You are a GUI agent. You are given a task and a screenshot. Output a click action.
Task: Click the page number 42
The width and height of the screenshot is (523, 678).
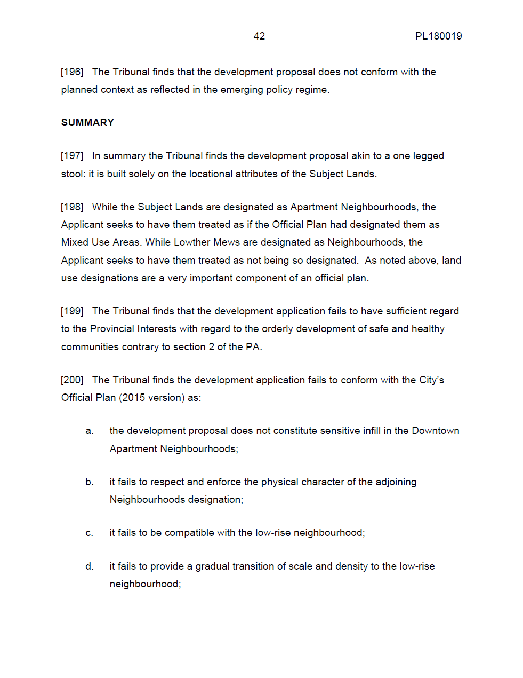click(x=259, y=36)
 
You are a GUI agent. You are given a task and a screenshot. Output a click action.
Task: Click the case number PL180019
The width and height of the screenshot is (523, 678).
click(x=438, y=36)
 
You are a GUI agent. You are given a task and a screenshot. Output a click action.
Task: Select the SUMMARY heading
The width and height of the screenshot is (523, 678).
click(x=87, y=123)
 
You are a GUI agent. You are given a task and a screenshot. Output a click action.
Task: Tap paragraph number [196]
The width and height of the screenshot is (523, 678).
click(x=72, y=72)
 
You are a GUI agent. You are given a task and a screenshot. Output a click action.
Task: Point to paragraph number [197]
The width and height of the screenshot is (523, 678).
click(x=72, y=156)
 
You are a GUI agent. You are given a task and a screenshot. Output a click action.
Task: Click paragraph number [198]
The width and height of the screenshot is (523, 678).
click(x=72, y=207)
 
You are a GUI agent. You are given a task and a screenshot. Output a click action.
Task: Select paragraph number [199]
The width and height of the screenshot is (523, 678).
click(x=72, y=311)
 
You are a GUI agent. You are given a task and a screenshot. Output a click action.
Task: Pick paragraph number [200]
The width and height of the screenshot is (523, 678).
click(x=72, y=380)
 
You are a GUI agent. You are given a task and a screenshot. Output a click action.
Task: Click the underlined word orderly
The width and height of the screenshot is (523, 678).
click(x=277, y=329)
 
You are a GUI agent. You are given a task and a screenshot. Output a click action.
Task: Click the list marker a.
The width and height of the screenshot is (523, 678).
click(x=90, y=431)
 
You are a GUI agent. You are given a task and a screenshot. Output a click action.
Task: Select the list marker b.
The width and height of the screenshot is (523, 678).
click(x=90, y=482)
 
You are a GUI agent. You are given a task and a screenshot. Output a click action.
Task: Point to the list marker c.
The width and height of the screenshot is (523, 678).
click(x=90, y=533)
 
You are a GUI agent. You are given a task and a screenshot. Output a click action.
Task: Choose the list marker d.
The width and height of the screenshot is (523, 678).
click(x=90, y=566)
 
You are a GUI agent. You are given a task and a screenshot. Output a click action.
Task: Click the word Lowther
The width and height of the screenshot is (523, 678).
click(x=192, y=242)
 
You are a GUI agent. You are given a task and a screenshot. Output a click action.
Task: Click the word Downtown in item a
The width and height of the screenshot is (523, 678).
click(x=435, y=431)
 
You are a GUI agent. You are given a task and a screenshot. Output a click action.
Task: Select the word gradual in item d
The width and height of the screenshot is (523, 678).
click(x=213, y=566)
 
